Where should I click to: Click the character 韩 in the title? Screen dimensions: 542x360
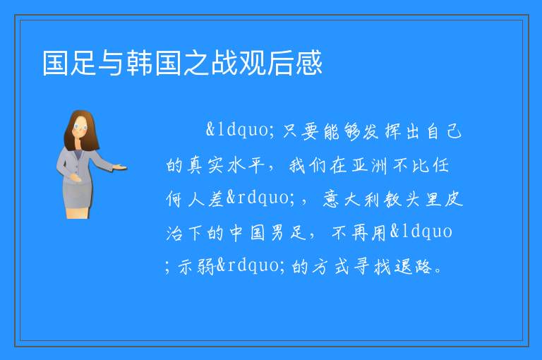(140, 63)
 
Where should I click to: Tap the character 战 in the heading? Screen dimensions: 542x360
(224, 63)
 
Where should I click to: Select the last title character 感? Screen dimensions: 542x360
(308, 63)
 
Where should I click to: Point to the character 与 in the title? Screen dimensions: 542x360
(112, 63)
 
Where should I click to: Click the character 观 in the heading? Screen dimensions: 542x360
(253, 63)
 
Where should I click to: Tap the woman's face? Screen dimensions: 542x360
(80, 126)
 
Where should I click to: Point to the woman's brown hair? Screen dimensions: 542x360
(82, 131)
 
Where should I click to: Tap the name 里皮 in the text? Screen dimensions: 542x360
(443, 199)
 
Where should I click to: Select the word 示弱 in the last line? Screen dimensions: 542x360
(196, 267)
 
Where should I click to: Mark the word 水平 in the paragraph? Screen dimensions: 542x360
(246, 165)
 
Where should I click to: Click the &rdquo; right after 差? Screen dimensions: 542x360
(261, 198)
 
